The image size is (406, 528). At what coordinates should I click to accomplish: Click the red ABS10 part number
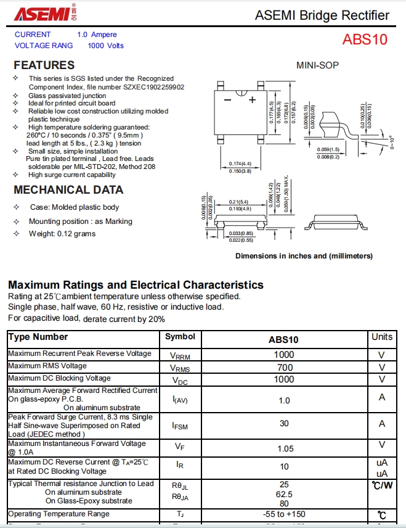[x=365, y=39]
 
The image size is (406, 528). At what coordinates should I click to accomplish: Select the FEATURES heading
[x=44, y=65]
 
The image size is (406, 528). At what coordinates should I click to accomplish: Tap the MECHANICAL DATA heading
[x=68, y=190]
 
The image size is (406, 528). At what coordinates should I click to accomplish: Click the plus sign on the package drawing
[x=251, y=100]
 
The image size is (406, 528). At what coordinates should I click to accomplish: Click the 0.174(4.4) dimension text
[x=240, y=163]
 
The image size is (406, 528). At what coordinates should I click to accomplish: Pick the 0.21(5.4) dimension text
[x=238, y=202]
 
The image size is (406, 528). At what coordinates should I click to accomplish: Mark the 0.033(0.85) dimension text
[x=241, y=233]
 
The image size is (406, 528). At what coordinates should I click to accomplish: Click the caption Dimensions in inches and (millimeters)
[x=304, y=256]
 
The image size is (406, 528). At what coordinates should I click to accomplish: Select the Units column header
[x=382, y=337]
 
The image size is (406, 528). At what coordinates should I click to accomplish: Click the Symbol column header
[x=180, y=337]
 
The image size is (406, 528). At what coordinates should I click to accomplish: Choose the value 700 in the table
[x=283, y=367]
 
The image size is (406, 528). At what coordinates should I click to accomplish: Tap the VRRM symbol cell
[x=180, y=356]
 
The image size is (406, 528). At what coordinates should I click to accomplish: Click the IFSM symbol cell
[x=180, y=425]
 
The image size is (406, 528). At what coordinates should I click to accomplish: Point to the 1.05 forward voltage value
[x=283, y=448]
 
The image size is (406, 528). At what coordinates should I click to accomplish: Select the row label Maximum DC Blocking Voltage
[x=59, y=378]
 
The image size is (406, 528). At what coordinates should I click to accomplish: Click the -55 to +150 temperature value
[x=283, y=514]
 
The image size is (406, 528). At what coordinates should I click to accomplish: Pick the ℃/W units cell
[x=382, y=485]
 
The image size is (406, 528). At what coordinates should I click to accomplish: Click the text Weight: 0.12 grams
[x=62, y=234]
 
